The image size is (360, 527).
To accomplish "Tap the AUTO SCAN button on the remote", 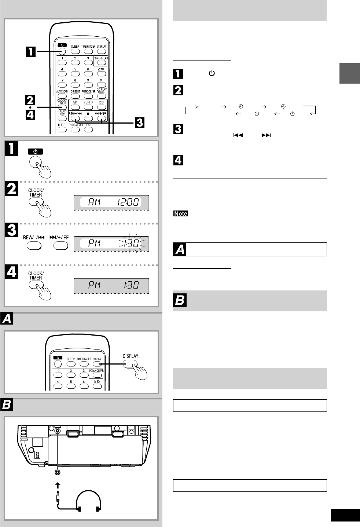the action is tap(62, 96).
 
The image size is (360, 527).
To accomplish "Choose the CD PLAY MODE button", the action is tap(102, 96).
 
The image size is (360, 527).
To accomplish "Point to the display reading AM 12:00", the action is tap(111, 202).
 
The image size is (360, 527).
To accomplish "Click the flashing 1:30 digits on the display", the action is tap(131, 243).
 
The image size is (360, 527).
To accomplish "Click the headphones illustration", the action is tap(88, 501).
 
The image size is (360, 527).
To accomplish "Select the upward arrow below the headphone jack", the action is tap(57, 484).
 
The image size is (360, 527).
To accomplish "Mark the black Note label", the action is tap(181, 213).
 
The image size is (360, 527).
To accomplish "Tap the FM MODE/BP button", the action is tap(88, 96).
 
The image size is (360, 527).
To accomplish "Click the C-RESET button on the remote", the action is tap(75, 96).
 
